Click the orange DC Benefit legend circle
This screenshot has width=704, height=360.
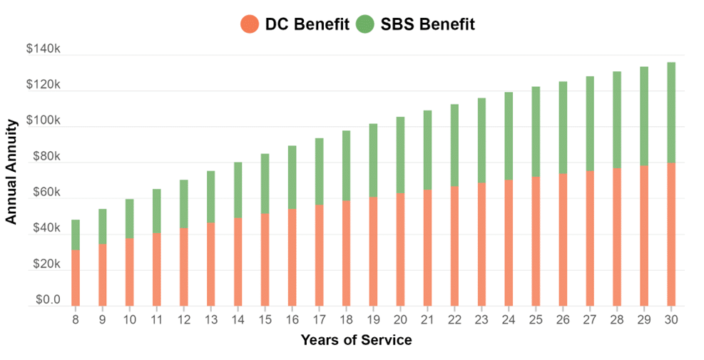pyautogui.click(x=249, y=24)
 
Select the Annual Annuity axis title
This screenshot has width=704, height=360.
pyautogui.click(x=11, y=181)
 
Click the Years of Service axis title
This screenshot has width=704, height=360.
pyautogui.click(x=356, y=340)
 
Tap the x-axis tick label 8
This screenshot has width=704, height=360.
pyautogui.click(x=76, y=320)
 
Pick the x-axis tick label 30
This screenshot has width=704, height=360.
pyautogui.click(x=670, y=320)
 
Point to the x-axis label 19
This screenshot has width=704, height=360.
pyautogui.click(x=373, y=320)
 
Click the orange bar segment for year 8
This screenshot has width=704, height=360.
pyautogui.click(x=76, y=278)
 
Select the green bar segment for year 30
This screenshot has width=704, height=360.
pyautogui.click(x=670, y=113)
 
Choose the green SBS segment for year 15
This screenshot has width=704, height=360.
pyautogui.click(x=265, y=183)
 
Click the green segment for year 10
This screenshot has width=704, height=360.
pyautogui.click(x=130, y=218)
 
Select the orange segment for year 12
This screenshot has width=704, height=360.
pyautogui.click(x=184, y=267)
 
